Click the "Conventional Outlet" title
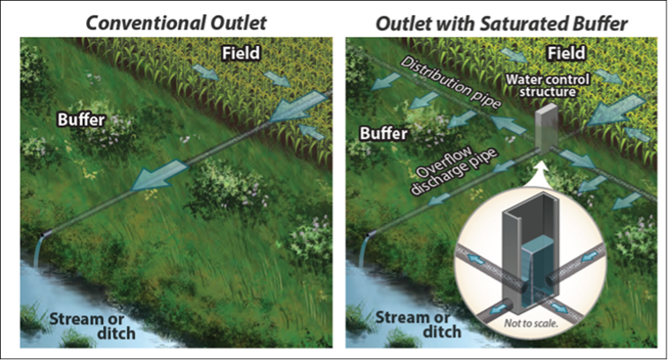(176, 23)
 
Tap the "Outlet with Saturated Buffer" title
(502, 24)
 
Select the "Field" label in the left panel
(240, 54)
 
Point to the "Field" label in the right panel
(566, 54)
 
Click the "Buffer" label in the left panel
(81, 120)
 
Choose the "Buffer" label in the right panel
(384, 134)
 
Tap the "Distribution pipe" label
(450, 83)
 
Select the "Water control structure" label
(548, 85)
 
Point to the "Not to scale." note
(531, 323)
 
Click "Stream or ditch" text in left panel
(91, 326)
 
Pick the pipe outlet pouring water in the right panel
(371, 234)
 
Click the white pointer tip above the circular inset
(540, 162)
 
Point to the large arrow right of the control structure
(615, 111)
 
